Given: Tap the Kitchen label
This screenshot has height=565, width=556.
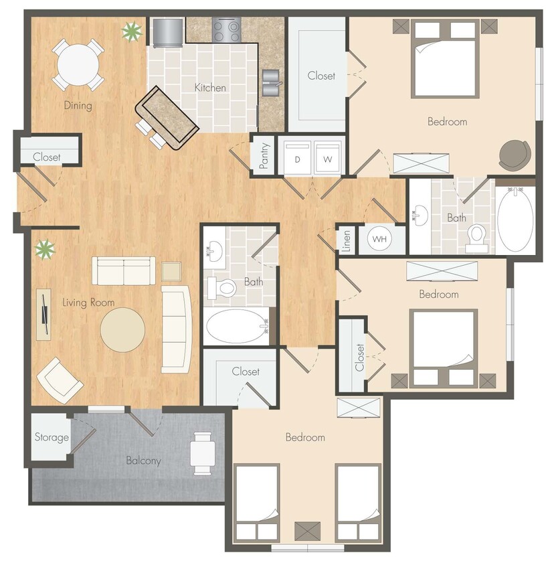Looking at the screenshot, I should coord(210,88).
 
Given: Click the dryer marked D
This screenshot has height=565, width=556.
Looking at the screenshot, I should coord(295,159).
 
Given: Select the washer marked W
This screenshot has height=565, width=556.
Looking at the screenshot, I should coord(328,159).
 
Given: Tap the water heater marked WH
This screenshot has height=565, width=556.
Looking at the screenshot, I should coord(379,239).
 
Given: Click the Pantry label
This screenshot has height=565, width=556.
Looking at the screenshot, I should coord(264,156).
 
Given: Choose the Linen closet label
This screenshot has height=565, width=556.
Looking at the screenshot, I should coord(346,241).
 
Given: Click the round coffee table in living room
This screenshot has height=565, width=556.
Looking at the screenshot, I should coord(122,329).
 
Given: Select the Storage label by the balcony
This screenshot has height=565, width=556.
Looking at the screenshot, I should coord(52,438).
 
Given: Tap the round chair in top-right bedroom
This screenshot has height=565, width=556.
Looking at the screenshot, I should coord(514,155).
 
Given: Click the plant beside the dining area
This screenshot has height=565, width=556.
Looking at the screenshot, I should coord(131,30).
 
